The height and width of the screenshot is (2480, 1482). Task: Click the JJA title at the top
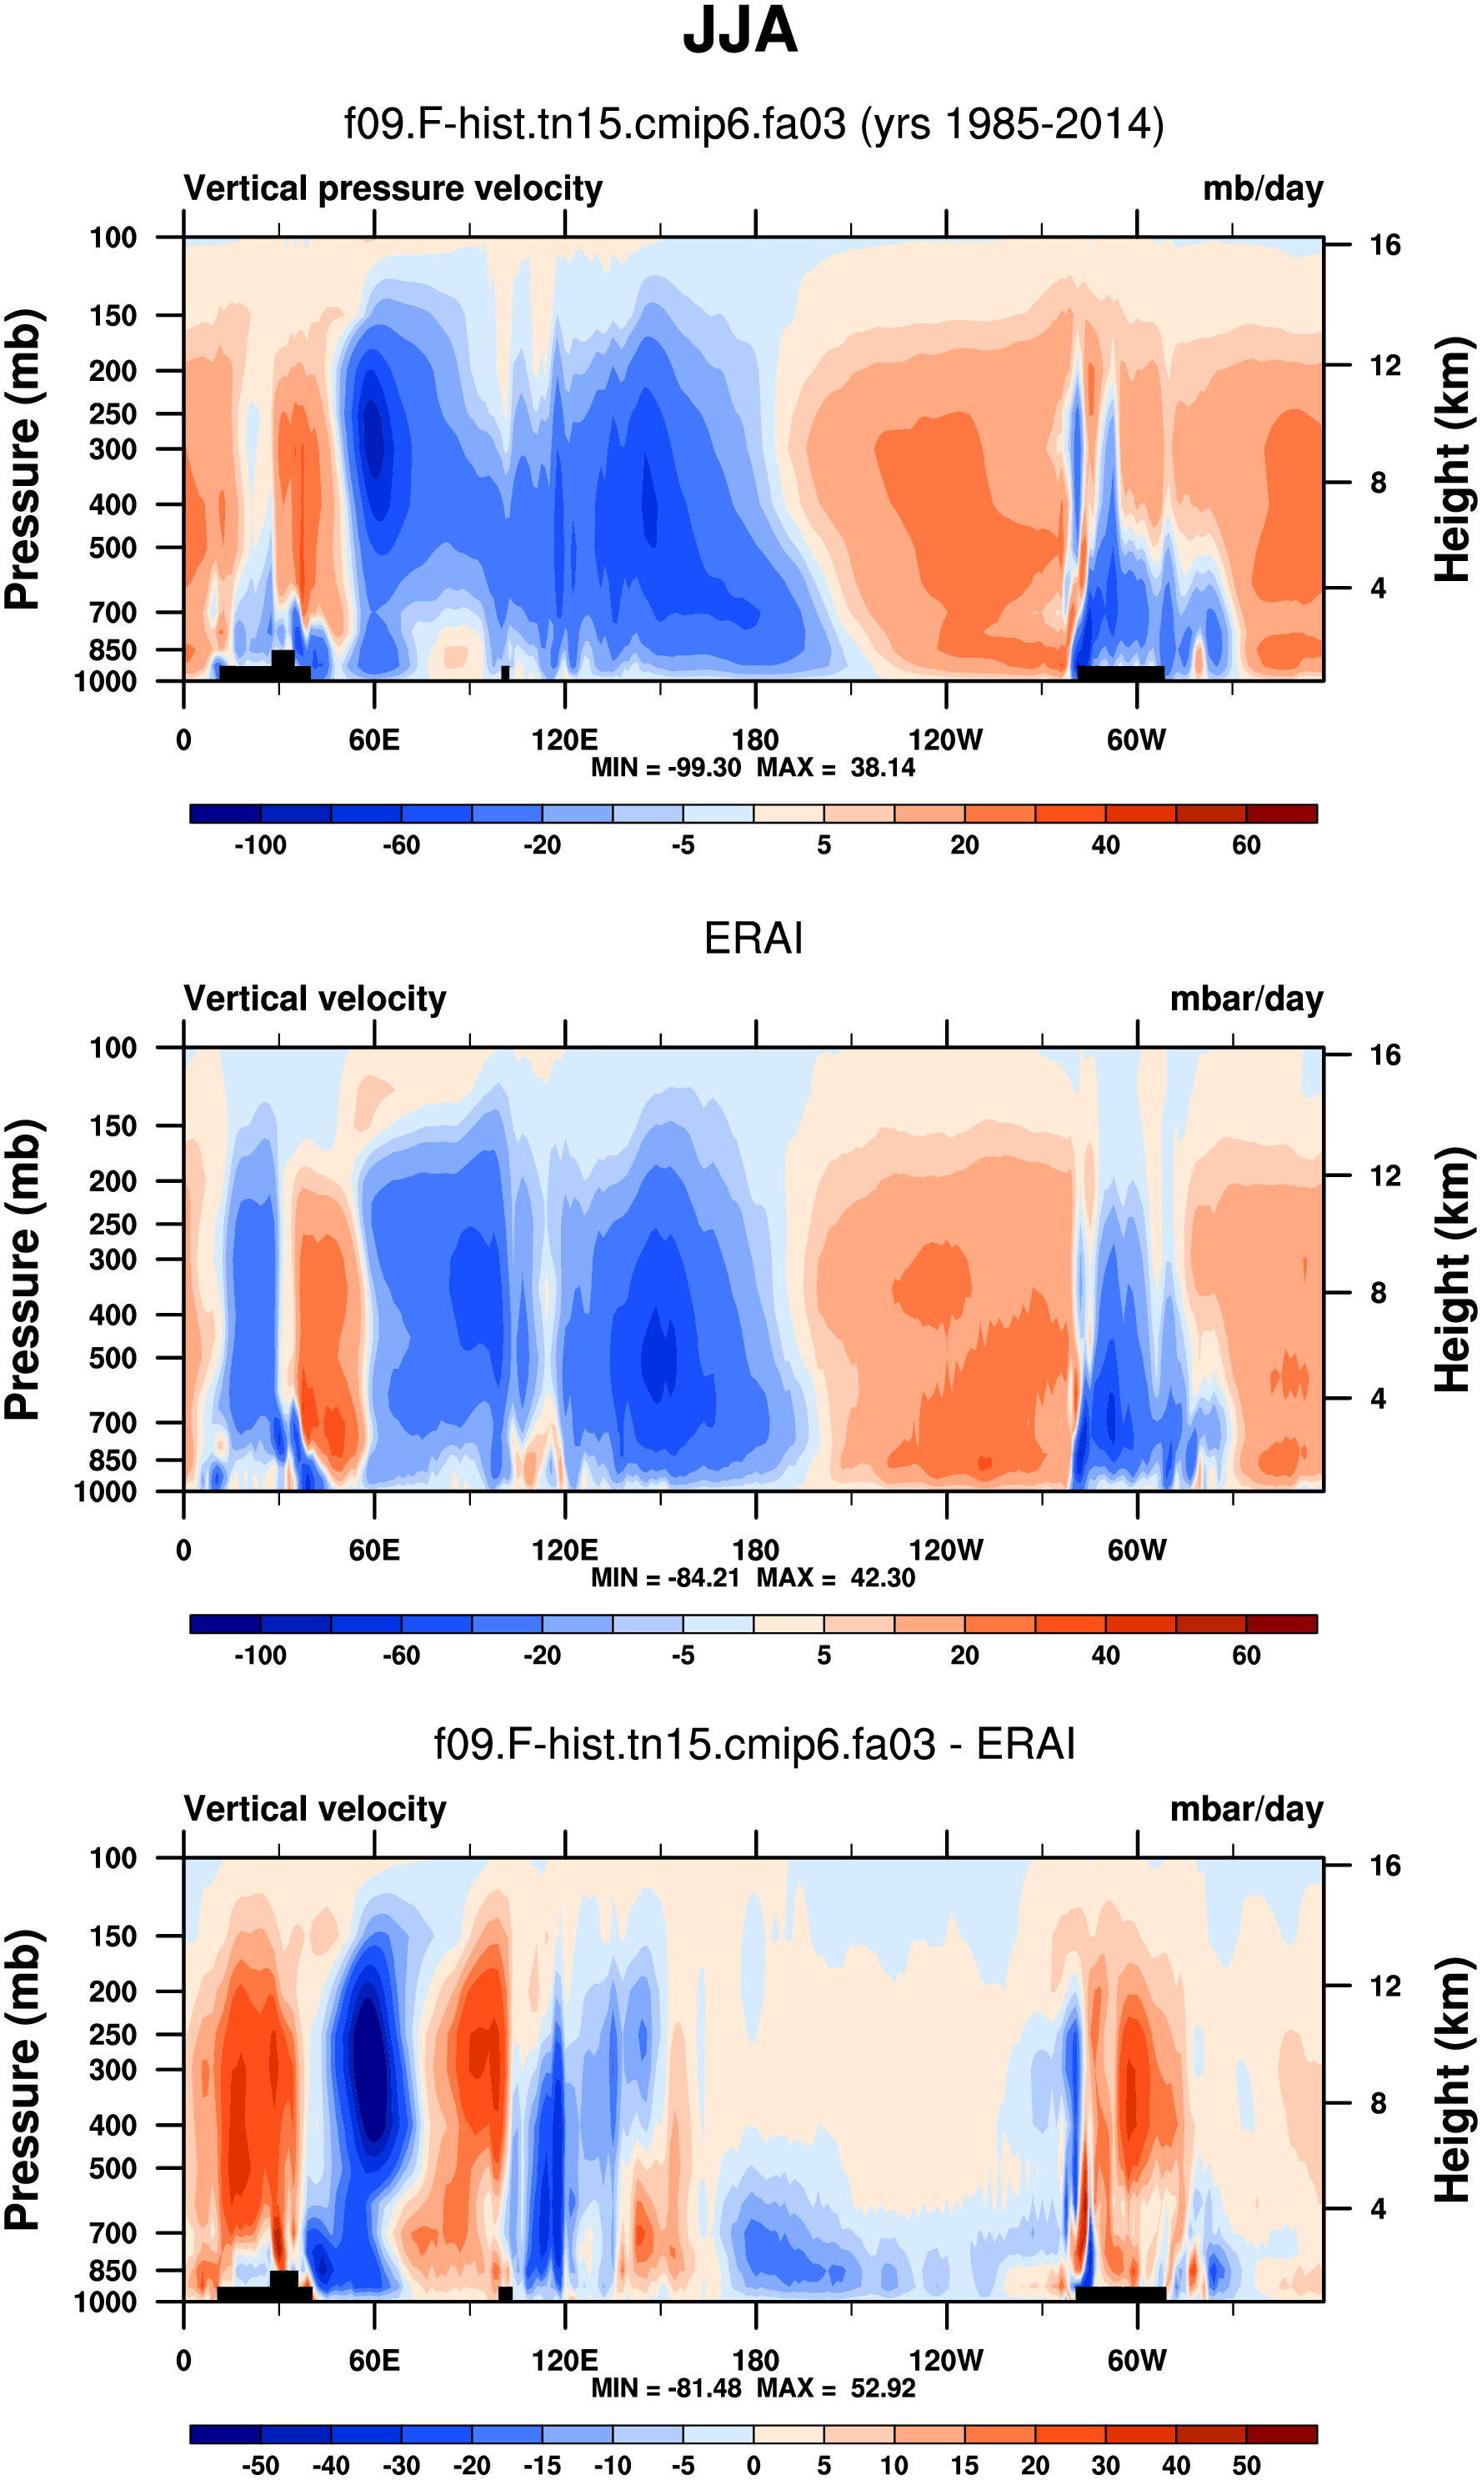740,31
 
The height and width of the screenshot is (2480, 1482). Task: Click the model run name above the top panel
754,125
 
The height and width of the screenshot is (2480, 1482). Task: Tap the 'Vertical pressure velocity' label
393,188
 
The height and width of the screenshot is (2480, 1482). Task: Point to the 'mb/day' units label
1262,188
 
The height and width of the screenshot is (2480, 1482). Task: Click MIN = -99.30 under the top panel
665,767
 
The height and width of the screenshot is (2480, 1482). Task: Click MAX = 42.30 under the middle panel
836,1578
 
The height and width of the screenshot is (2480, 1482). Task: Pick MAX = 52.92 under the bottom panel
836,2388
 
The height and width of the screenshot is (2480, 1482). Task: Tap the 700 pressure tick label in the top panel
112,611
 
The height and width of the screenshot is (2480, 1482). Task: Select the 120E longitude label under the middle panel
564,1551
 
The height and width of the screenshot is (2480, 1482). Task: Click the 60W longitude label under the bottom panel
1136,2360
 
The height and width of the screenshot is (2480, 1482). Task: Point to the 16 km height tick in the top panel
1384,245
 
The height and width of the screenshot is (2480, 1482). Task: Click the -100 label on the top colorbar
260,845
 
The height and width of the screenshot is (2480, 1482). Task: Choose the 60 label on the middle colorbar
1245,1655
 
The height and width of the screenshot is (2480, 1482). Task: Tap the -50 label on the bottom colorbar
260,2465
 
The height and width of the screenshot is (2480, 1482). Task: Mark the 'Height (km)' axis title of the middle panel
1452,1270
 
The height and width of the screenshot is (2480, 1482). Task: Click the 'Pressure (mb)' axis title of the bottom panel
22,2081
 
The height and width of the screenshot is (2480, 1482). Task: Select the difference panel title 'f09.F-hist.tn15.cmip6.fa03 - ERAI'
754,1745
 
